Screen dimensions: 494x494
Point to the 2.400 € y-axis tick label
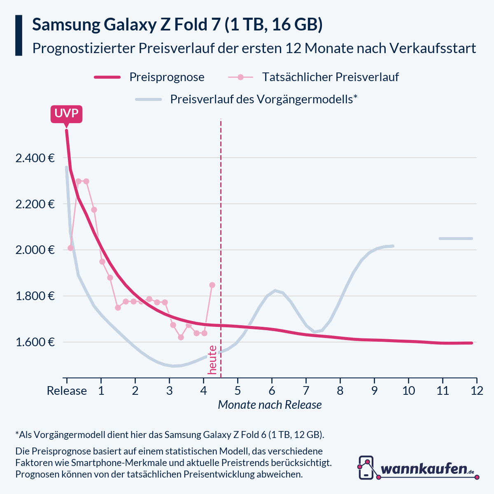pos(35,158)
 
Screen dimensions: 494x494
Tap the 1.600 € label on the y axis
pos(35,342)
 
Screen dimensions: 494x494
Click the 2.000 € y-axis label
pos(35,250)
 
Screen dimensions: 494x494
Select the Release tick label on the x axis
pos(67,390)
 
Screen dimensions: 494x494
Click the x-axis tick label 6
pos(272,390)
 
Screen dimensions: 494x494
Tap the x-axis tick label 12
pos(477,390)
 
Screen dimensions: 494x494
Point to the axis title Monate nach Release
pos(270,405)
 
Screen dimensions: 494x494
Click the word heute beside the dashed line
pos(212,360)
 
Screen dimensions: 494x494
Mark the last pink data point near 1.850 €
pos(212,285)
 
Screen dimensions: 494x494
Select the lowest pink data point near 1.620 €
pos(181,337)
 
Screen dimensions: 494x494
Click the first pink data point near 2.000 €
pos(70,248)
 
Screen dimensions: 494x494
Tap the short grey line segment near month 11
pos(456,238)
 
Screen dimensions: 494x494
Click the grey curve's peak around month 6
pos(275,291)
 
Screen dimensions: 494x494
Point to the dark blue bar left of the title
pos(19,35)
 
